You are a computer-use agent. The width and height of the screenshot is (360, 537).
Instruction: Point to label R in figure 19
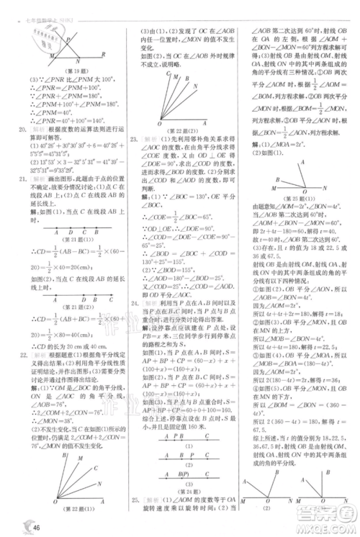coord(104,54)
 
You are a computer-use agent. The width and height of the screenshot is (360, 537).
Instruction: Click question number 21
coord(22,177)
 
